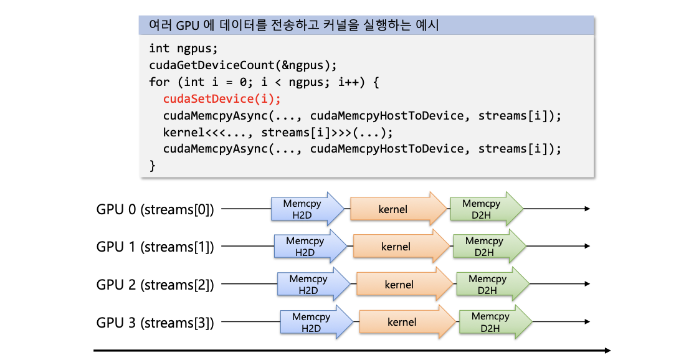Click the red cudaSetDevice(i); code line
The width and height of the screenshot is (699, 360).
pos(222,99)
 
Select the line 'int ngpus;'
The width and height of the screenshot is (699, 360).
pos(183,49)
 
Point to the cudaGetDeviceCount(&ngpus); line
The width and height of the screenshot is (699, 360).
pos(243,65)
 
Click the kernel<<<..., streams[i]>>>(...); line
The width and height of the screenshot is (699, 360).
pos(278,132)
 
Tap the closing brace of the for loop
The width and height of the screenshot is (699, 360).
pos(153,166)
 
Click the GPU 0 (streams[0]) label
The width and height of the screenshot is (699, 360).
pos(155,209)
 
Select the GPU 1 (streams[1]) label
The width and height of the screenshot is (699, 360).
pos(155,247)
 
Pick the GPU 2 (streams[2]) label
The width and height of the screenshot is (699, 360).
pos(155,285)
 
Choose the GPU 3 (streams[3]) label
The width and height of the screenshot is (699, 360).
pos(155,323)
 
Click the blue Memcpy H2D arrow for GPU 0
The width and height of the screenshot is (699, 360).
pos(308,209)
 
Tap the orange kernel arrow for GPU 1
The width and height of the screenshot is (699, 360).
pos(401,247)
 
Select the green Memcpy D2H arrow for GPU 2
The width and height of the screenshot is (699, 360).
pos(493,284)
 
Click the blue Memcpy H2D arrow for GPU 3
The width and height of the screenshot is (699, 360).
pos(316,322)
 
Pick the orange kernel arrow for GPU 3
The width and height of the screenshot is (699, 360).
pos(407,322)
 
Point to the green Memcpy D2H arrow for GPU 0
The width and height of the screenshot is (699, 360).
pos(487,209)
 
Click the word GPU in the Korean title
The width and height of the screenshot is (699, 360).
pos(188,26)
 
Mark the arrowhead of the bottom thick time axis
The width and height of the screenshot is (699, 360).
pos(607,351)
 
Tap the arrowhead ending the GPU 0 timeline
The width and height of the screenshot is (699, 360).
pos(587,209)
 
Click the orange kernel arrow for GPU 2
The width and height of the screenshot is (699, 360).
pos(404,284)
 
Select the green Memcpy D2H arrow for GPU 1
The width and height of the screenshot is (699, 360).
pos(490,247)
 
